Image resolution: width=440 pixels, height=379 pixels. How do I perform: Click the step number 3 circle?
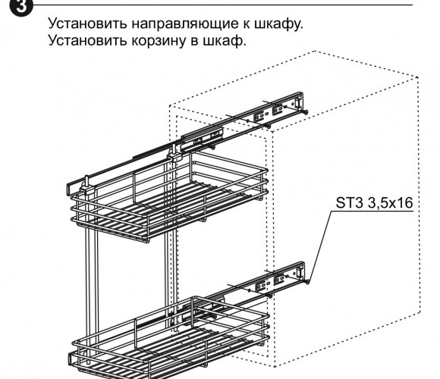(20, 6)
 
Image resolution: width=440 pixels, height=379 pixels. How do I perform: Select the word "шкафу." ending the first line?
(279, 23)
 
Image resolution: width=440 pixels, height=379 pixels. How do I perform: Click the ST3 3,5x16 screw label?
(374, 202)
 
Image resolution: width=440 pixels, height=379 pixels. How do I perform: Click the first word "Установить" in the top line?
(87, 23)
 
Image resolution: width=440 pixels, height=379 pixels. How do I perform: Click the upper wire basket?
(169, 196)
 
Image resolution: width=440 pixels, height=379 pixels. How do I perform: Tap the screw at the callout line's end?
(306, 281)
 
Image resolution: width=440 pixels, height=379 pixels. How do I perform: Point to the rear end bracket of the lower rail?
(300, 271)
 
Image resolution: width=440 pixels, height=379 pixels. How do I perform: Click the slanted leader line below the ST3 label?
(320, 246)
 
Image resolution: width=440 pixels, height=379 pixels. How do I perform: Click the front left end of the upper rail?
(70, 189)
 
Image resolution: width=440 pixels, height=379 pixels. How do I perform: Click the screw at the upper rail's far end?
(305, 112)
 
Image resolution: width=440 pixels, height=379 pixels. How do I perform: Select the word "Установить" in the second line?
(87, 40)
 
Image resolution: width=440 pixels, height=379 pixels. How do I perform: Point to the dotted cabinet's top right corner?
(417, 77)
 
